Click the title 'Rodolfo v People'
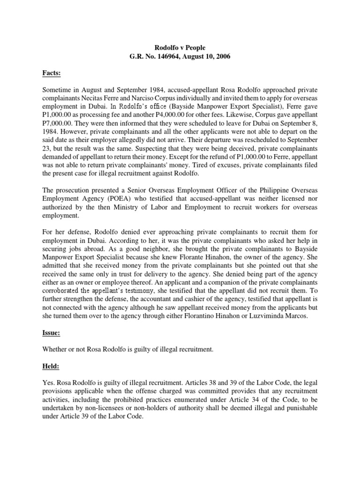point(180,47)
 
